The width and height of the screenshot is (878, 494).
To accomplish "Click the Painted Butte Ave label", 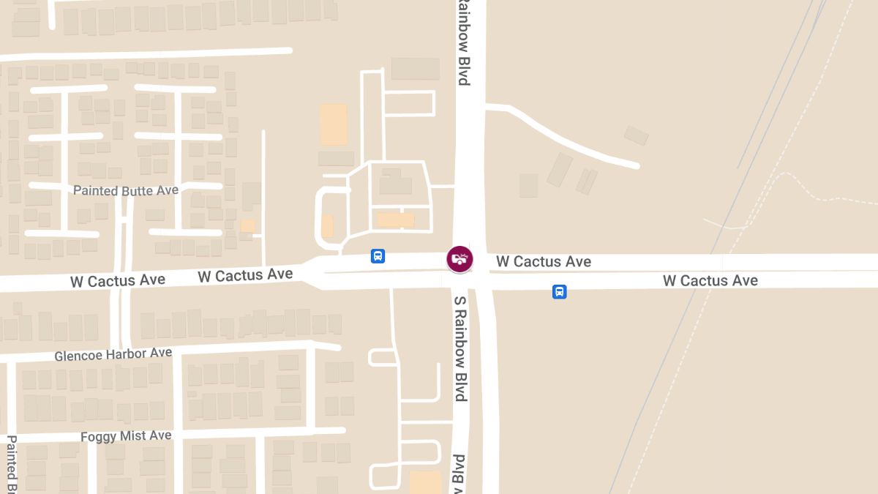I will (126, 190).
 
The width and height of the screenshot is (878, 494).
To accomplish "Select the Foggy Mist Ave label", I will (126, 436).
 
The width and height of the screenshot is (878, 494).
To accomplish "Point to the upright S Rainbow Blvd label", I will (460, 348).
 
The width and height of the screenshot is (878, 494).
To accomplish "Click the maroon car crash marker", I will (460, 259).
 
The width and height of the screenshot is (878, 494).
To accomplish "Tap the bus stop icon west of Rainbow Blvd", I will (378, 256).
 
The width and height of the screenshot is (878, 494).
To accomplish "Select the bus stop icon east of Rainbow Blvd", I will (559, 292).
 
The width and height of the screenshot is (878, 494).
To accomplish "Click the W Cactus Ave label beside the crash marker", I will (544, 262).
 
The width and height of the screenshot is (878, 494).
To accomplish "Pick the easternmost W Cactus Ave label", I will (710, 280).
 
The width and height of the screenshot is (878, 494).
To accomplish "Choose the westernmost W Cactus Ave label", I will (118, 280).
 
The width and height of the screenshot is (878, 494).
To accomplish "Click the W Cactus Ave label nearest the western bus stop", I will (245, 275).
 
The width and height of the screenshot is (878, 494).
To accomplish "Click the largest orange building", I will (334, 124).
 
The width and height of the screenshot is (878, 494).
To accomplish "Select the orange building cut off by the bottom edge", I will (425, 482).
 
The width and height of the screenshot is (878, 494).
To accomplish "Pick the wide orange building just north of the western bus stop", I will (396, 220).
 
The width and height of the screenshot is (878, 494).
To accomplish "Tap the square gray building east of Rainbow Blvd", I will (528, 185).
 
